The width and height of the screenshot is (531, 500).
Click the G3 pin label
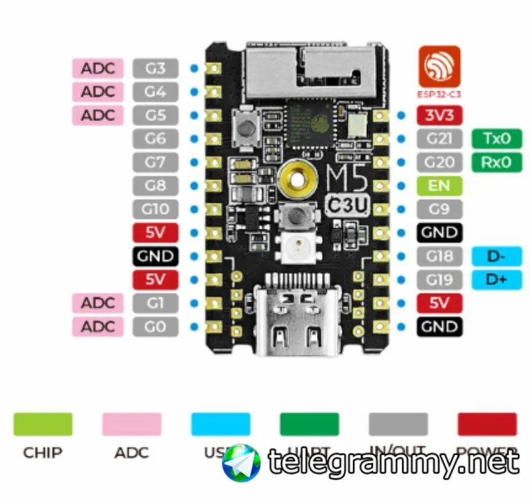155,68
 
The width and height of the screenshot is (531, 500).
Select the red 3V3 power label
439,115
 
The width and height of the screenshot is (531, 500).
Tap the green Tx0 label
497,139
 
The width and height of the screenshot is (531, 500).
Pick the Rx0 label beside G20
497,162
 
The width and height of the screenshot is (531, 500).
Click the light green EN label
439,186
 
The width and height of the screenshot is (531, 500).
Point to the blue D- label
497,256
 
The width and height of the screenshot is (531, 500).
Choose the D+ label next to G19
497,280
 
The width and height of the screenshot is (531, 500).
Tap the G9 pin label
439,209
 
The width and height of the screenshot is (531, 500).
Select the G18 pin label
439,256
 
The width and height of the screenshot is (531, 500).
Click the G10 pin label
155,209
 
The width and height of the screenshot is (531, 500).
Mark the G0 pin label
155,327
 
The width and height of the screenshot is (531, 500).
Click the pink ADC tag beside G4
98,92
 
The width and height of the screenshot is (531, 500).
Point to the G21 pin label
439,139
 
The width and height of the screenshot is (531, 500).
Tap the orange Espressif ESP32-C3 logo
439,66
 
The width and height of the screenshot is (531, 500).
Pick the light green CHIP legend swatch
42,424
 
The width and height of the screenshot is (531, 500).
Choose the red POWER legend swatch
487,424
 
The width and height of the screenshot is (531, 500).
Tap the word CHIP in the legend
42,453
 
